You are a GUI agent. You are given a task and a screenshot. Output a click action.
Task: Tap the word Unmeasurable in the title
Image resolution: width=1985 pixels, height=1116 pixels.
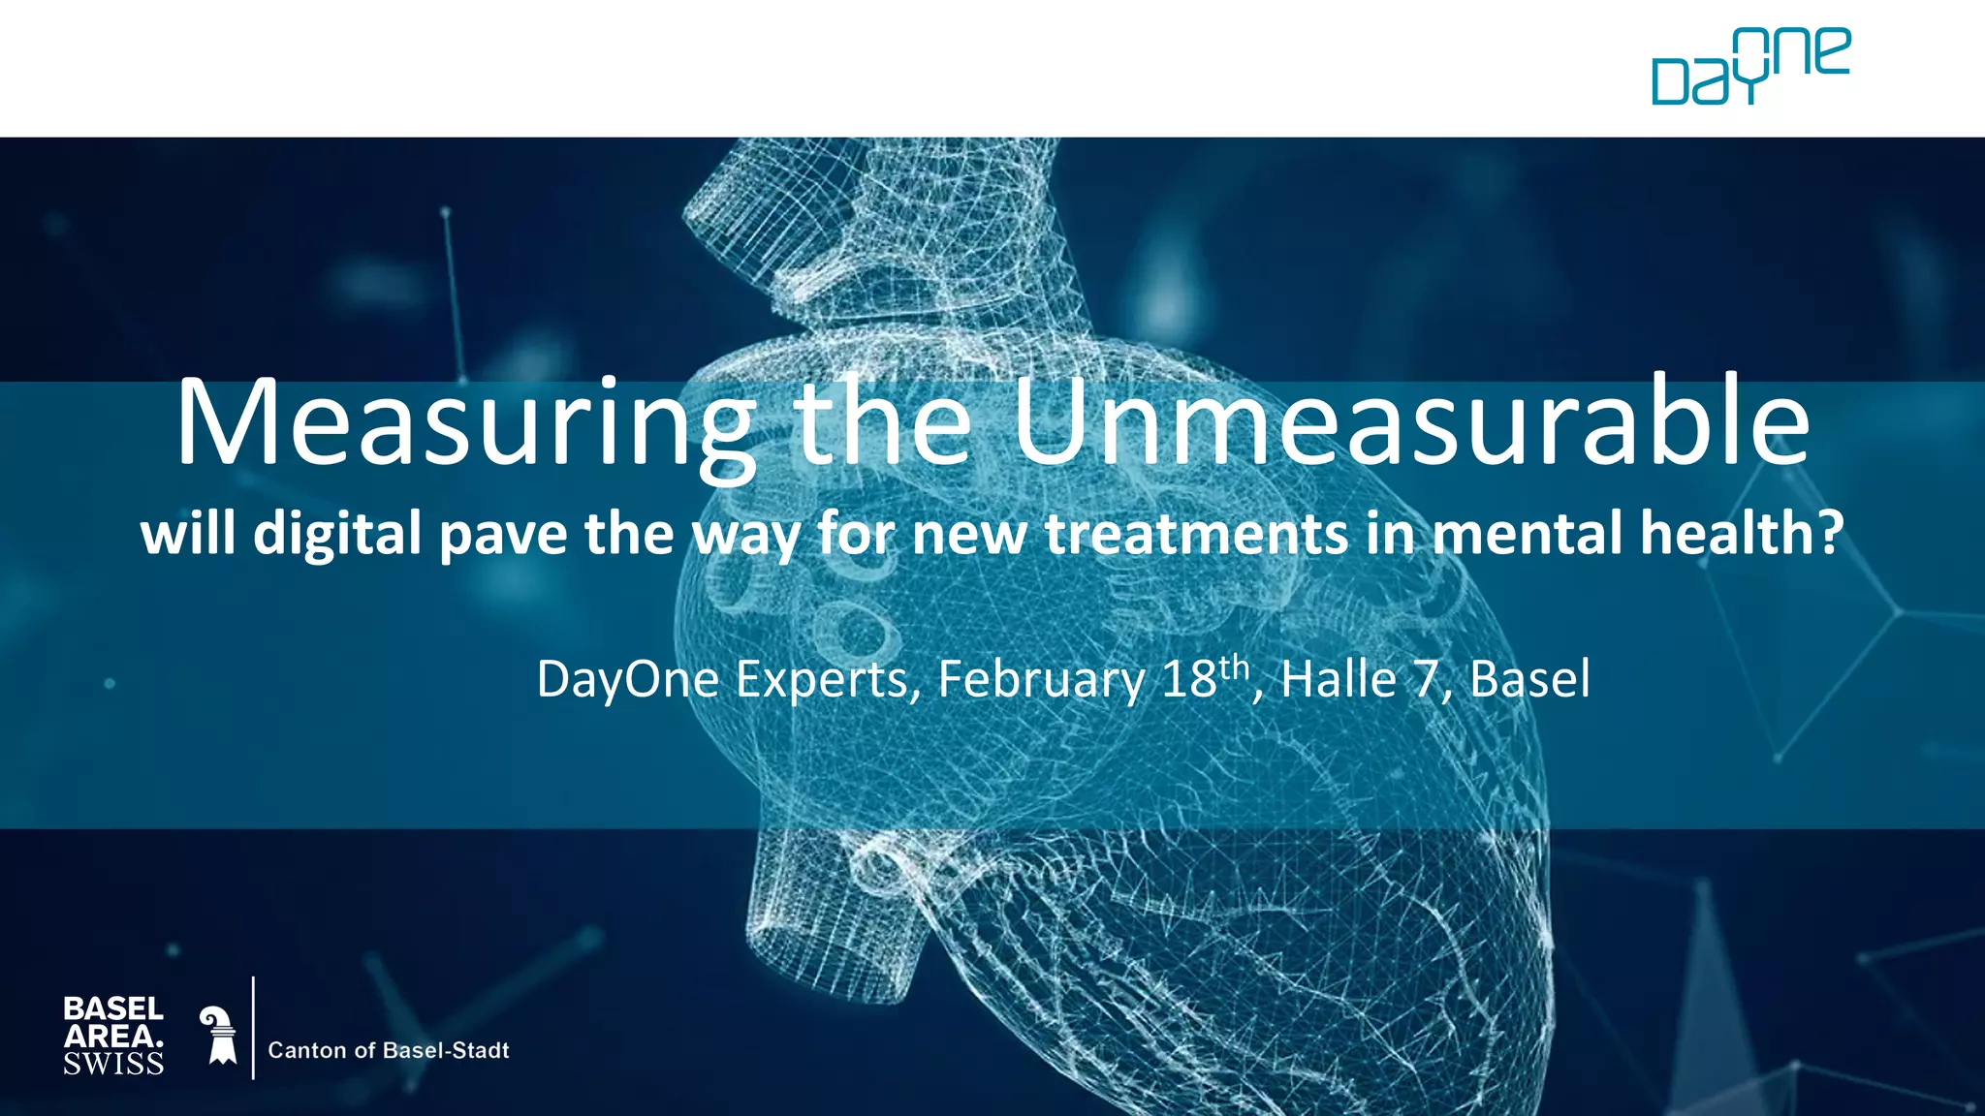1411,422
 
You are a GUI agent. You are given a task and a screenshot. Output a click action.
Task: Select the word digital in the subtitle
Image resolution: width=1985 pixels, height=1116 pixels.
336,535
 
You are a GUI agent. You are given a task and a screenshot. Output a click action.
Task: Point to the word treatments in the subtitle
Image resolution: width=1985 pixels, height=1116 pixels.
1196,534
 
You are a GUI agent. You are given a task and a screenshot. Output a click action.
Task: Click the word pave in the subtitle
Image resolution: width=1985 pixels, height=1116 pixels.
503,535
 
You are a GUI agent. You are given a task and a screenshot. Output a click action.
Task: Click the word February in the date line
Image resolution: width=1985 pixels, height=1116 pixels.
1041,679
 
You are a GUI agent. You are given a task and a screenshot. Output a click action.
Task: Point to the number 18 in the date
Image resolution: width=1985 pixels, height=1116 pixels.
1188,679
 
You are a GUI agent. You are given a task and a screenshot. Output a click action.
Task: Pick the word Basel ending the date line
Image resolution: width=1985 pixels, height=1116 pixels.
1529,679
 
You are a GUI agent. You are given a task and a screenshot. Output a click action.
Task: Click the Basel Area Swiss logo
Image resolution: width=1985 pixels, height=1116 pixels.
113,1036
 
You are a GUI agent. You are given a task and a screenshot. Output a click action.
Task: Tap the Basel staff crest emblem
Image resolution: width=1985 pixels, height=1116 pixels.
220,1035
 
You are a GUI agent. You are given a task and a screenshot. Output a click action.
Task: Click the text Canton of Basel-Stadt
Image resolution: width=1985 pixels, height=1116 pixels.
388,1050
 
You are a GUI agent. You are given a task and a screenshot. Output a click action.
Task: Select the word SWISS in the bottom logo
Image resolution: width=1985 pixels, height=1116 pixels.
113,1064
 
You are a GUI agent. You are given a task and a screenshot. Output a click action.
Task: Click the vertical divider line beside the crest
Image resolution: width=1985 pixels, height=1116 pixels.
253,1028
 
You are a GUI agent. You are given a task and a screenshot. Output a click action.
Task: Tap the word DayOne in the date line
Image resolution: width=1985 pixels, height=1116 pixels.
628,679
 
